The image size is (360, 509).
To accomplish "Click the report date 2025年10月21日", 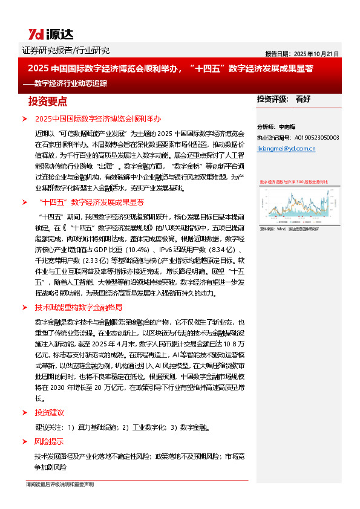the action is coord(303,53).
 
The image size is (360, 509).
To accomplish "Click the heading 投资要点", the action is coord(48,100).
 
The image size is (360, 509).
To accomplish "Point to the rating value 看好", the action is coord(303,99).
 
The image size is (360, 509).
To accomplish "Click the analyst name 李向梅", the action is coord(286,128).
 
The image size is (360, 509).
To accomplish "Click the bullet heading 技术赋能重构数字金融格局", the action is coord(79,307).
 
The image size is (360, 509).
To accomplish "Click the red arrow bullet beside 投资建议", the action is coord(24,412).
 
